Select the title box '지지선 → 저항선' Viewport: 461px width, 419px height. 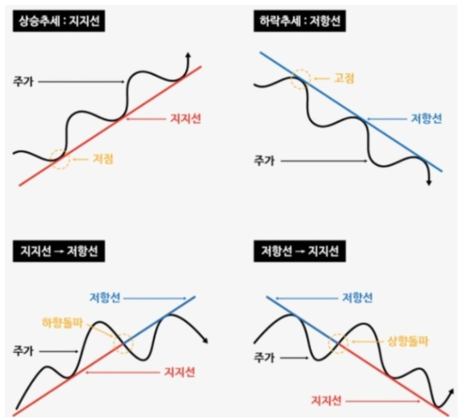tap(59, 251)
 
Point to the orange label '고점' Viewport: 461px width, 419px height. tap(344, 78)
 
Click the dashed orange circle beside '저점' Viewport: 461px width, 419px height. tap(60, 159)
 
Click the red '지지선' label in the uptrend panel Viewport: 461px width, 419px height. tap(185, 119)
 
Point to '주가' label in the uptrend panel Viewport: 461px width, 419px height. tap(23, 81)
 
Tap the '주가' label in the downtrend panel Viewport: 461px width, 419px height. tap(264, 161)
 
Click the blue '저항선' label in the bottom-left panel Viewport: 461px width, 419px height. tap(105, 297)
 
